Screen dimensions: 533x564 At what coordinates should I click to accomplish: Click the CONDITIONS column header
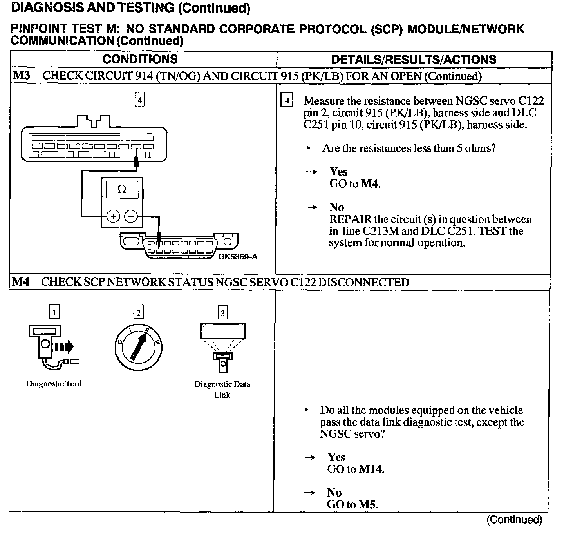140,60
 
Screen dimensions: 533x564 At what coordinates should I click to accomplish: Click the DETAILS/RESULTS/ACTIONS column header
414,60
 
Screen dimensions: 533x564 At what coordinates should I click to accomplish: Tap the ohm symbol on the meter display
122,190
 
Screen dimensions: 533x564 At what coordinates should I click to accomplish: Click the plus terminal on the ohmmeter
113,216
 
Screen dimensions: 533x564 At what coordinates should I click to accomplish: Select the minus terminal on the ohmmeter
131,216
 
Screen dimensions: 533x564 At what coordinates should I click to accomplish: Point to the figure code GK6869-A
238,257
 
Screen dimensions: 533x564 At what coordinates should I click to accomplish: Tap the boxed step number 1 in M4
54,312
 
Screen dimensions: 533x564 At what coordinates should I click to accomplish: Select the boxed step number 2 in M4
138,312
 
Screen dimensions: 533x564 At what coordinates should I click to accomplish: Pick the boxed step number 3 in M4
222,313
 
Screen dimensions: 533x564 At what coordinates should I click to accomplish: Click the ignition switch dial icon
138,347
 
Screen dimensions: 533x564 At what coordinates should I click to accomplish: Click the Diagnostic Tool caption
54,384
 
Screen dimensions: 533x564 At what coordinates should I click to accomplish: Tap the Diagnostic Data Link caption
222,389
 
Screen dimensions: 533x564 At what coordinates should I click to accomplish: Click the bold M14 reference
371,469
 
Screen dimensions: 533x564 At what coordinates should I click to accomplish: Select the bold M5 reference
368,504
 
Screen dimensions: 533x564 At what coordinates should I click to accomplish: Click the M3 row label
22,76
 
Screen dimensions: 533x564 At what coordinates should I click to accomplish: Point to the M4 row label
22,282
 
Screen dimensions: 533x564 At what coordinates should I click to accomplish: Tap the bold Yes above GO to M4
338,172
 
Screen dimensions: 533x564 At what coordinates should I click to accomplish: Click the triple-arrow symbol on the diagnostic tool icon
64,346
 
